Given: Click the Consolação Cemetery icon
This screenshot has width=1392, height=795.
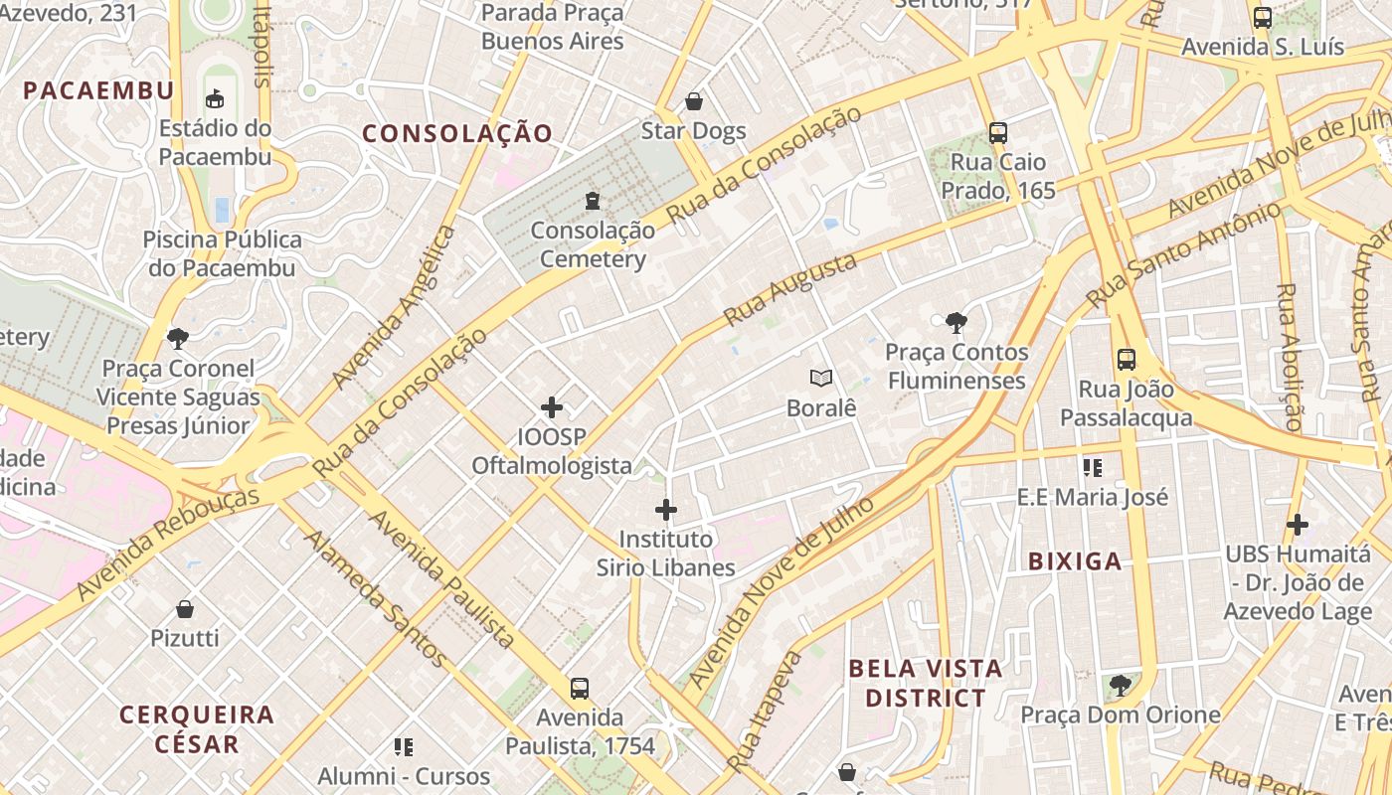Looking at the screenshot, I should (593, 201).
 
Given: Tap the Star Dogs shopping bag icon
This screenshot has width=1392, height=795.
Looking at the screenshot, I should (693, 101).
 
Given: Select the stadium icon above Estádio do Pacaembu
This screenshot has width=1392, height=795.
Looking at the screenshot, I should (215, 98).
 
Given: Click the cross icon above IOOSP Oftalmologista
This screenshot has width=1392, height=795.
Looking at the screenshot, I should (552, 407).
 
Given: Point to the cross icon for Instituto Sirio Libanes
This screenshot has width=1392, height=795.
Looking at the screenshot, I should (666, 511).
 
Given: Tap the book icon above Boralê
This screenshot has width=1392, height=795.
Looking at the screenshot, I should (821, 378).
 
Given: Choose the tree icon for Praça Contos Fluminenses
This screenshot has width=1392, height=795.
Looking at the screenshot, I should (957, 322).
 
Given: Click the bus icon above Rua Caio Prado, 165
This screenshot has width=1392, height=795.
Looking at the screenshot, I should (998, 132).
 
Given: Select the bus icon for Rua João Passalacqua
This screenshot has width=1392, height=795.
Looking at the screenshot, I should (1126, 360).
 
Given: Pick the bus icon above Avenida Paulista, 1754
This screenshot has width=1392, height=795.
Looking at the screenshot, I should (580, 688).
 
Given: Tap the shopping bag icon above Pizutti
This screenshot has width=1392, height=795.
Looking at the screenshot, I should (184, 608).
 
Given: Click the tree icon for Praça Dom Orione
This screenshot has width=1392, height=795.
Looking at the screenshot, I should (1121, 685).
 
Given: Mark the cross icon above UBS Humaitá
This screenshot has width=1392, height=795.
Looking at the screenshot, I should (1298, 524).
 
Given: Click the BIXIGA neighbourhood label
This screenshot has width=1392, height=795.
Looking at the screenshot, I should (1075, 561).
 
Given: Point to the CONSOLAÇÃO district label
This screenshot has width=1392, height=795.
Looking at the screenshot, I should (456, 134).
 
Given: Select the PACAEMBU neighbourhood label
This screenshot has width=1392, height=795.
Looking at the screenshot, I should (98, 90).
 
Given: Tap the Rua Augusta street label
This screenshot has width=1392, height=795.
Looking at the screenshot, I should (790, 289).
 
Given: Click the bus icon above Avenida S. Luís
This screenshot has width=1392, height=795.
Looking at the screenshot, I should (1263, 17).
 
